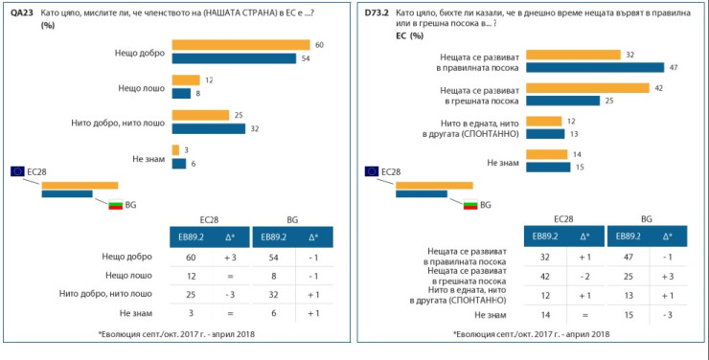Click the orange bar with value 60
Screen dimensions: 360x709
click(x=240, y=45)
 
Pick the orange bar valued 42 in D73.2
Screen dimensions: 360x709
click(x=586, y=88)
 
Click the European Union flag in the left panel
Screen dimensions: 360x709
click(x=17, y=170)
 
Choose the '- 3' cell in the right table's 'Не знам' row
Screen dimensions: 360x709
click(x=666, y=312)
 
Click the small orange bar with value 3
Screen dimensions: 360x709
click(x=175, y=150)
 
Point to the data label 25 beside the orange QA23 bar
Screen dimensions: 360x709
click(x=239, y=115)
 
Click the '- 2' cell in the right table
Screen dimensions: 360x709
click(x=583, y=275)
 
